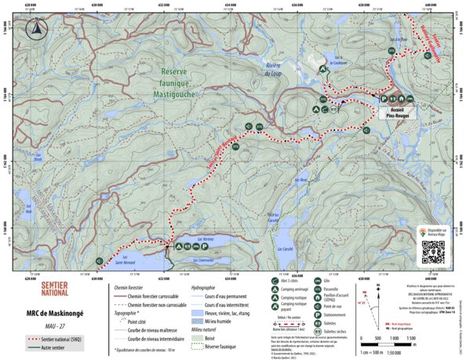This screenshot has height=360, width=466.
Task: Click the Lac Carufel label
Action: [x=288, y=249]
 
